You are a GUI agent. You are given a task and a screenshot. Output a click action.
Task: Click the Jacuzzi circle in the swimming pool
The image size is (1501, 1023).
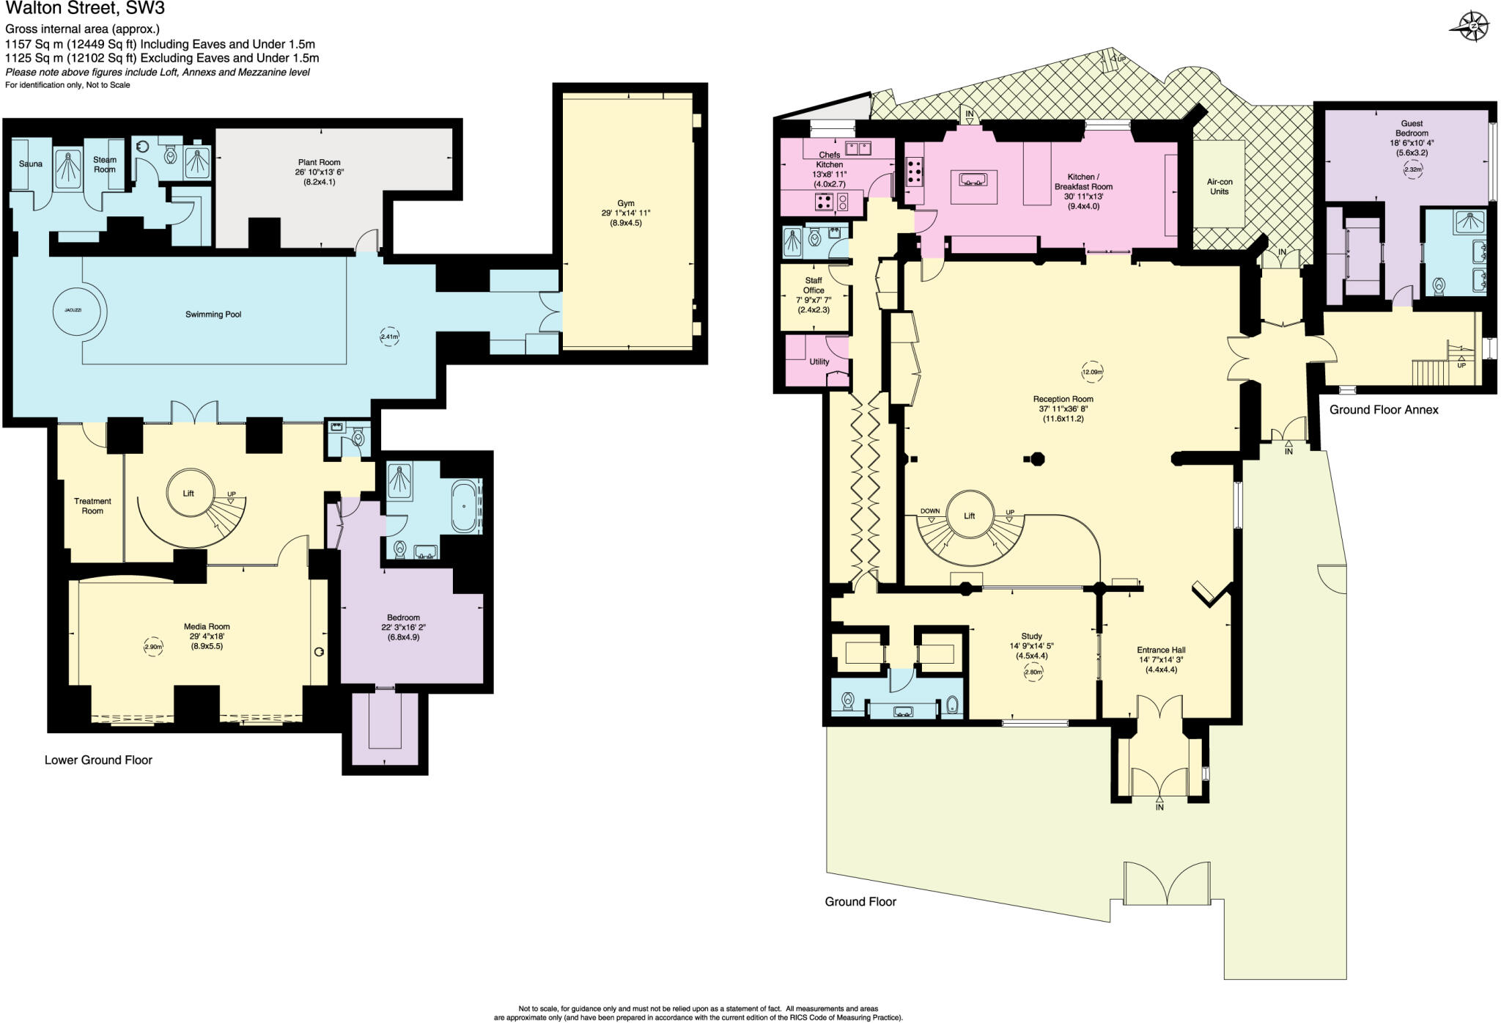(73, 311)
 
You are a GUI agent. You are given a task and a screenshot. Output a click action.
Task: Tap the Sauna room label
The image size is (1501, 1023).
(31, 164)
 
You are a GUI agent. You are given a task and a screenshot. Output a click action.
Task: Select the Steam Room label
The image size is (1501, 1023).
(105, 164)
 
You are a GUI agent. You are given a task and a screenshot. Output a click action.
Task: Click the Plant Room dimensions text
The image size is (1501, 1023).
(320, 177)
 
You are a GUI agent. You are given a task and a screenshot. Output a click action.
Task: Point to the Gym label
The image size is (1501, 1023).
(625, 203)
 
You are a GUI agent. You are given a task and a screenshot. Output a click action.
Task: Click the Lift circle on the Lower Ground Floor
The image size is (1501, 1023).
(188, 494)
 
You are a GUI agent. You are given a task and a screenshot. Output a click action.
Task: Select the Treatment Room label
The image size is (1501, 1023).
(92, 506)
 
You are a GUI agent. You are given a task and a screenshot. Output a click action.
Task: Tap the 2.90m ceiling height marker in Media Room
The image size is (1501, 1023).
(153, 648)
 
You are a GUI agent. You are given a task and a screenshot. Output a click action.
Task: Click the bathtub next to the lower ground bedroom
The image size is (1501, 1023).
(463, 506)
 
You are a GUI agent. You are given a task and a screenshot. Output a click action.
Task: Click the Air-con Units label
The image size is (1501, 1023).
(1220, 186)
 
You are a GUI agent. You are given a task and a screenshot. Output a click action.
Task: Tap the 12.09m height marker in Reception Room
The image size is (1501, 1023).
(1092, 372)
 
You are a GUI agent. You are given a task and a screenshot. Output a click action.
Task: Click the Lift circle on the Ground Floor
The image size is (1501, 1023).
(970, 516)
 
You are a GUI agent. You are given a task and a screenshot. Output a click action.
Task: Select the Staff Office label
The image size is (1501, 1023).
(814, 285)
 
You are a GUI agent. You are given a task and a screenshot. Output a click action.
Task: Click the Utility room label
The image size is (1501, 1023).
(819, 362)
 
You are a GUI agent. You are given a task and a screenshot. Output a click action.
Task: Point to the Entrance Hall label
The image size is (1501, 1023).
(1161, 650)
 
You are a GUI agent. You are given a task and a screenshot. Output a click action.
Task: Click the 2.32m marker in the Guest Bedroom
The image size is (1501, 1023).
(1412, 169)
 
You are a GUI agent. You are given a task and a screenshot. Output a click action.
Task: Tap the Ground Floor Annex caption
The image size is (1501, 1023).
(1384, 410)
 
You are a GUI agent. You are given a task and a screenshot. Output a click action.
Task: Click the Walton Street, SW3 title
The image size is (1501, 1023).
(84, 10)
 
